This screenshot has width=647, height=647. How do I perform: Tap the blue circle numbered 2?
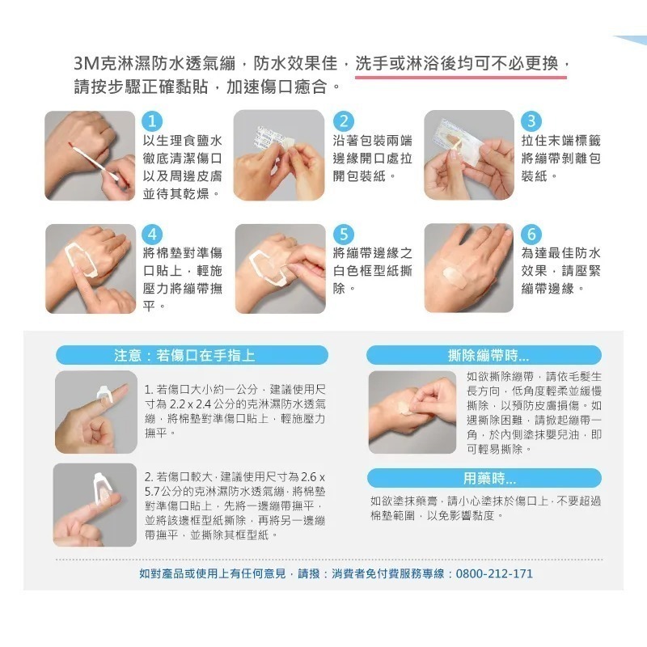pos(343,121)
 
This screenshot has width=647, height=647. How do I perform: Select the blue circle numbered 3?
pos(531,121)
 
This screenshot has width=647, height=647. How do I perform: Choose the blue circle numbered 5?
pos(343,234)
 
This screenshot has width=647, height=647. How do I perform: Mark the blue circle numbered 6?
pos(531,234)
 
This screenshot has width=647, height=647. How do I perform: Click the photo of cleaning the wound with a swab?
pos(90,155)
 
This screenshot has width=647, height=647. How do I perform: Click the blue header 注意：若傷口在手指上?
pos(192,355)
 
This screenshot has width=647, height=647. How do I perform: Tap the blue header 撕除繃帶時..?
pos(484,355)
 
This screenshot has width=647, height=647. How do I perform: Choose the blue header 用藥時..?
pos(484,478)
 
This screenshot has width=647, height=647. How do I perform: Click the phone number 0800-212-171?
pos(495,573)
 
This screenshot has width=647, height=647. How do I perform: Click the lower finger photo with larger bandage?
pos(95,504)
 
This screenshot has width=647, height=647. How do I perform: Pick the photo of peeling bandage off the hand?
pos(412,407)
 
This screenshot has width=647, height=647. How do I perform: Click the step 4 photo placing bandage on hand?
pos(90,268)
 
